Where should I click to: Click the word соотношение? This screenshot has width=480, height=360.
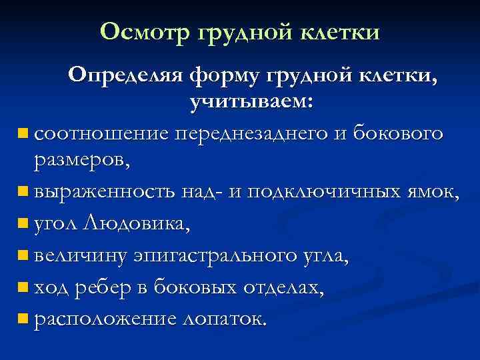[x=99, y=134]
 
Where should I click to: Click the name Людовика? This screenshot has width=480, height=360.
[x=137, y=223]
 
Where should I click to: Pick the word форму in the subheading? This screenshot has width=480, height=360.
[x=225, y=78]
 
